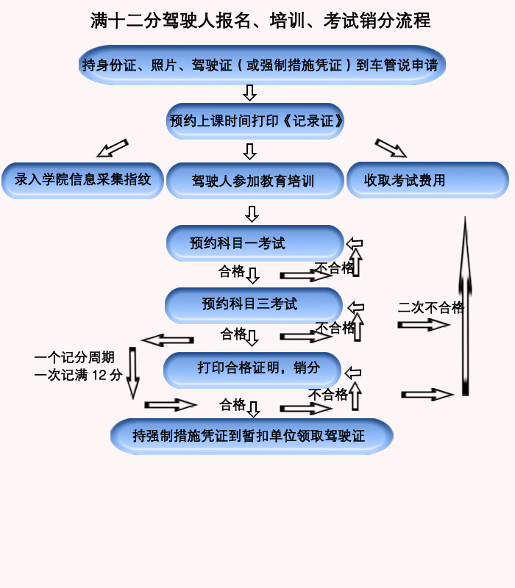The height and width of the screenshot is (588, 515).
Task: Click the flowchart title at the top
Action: point(260,21)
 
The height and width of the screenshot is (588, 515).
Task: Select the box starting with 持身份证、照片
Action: point(260,65)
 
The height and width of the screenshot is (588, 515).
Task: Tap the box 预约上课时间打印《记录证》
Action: point(255,121)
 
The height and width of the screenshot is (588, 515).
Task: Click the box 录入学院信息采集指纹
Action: point(82,179)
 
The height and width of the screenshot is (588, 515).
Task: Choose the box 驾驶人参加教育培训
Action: point(255,181)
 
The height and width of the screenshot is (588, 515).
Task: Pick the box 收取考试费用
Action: point(427,180)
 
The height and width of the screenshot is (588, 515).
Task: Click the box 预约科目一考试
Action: point(255,243)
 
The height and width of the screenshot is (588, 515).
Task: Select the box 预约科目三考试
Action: point(254,304)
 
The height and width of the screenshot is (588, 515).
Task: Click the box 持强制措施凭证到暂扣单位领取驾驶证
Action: point(252,436)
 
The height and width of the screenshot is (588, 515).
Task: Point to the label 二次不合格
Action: point(431,307)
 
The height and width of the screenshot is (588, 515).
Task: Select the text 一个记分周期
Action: point(74,358)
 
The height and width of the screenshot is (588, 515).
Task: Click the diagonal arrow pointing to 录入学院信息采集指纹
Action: point(112,148)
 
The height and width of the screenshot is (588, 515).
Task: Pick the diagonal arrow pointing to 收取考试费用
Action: point(390,148)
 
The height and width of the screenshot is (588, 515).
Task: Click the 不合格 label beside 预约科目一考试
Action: point(334,268)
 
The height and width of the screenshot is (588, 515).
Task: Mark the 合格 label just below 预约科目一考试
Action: point(232,271)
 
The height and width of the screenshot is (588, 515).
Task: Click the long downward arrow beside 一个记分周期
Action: point(133,372)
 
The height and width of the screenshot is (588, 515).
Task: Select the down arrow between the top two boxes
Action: point(249,93)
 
